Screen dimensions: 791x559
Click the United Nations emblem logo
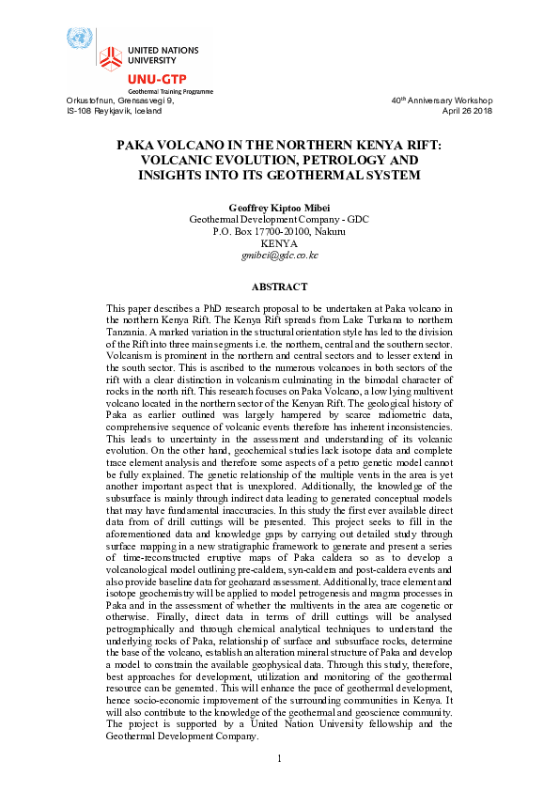pyautogui.click(x=78, y=39)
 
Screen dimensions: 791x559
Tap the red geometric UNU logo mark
pyautogui.click(x=111, y=54)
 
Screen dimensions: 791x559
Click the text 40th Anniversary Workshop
pyautogui.click(x=442, y=101)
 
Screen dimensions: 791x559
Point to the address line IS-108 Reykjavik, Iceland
pyautogui.click(x=114, y=111)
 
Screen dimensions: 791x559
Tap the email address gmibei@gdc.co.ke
pyautogui.click(x=280, y=255)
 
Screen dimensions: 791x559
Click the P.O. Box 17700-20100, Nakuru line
pyautogui.click(x=280, y=230)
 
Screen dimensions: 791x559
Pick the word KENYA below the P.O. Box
pyautogui.click(x=280, y=242)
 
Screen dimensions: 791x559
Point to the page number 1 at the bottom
pyautogui.click(x=280, y=759)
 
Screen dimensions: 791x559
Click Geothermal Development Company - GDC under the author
pyautogui.click(x=280, y=218)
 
